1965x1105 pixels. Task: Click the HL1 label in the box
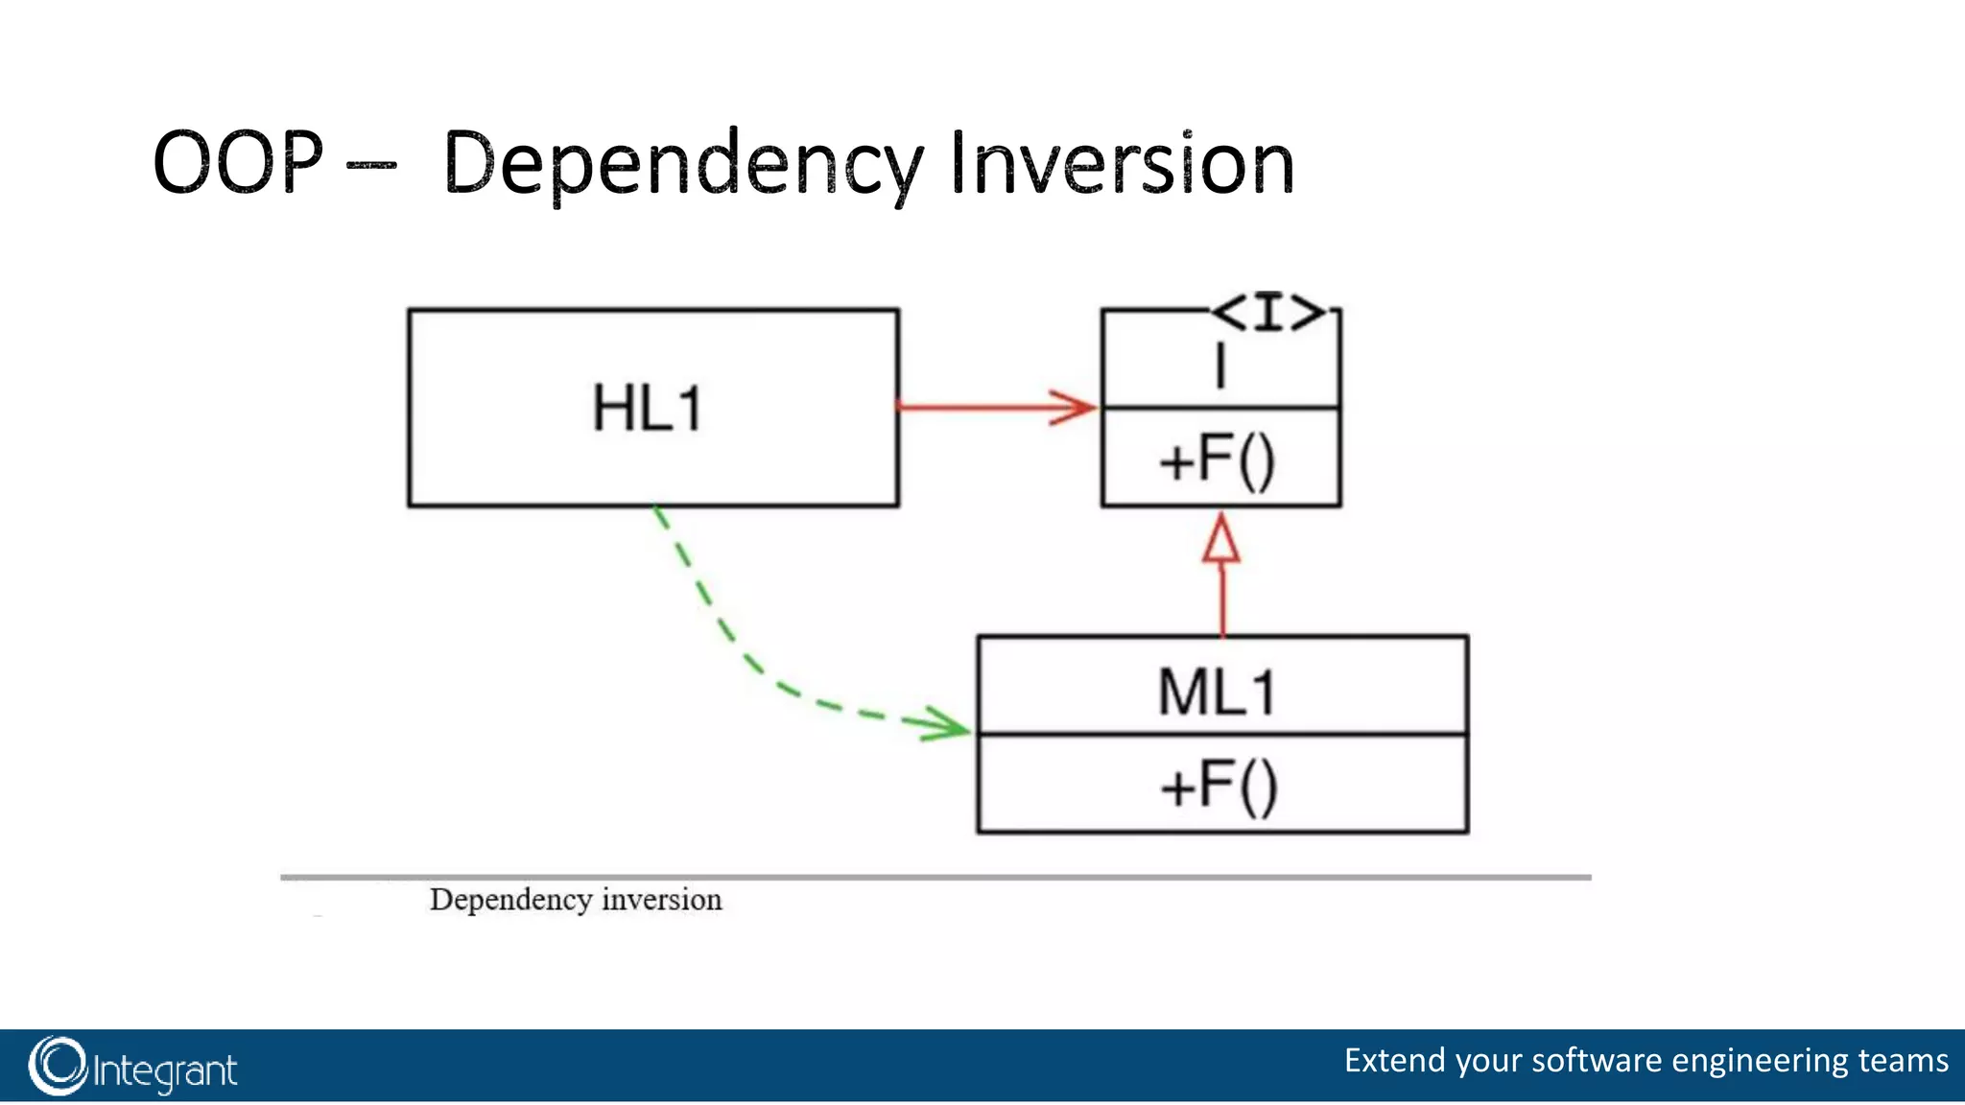(x=648, y=409)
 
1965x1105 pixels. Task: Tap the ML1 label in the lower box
(x=1217, y=693)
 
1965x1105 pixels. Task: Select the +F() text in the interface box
(x=1217, y=460)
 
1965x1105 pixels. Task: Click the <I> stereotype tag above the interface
(x=1268, y=313)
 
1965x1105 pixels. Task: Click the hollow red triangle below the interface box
(x=1221, y=540)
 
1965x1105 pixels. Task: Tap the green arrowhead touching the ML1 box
(x=945, y=725)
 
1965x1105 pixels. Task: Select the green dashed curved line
(x=729, y=633)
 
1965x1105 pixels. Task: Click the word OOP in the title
(x=238, y=163)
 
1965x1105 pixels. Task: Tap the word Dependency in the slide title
(x=681, y=165)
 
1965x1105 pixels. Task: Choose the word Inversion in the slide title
(x=1123, y=165)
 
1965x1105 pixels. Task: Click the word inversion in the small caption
(x=661, y=900)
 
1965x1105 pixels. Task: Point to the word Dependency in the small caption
(x=510, y=900)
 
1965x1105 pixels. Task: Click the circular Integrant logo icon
(x=58, y=1066)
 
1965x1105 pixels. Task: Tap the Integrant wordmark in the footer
(x=165, y=1070)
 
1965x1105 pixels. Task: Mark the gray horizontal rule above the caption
(x=935, y=877)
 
